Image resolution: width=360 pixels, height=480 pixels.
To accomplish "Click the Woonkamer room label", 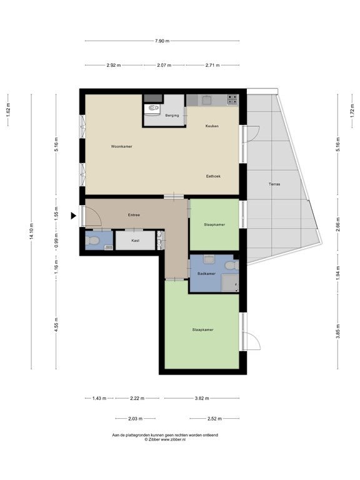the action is [121, 147].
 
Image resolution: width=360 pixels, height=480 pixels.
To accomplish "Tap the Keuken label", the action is [212, 126].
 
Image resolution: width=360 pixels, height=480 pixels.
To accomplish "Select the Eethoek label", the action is [213, 176].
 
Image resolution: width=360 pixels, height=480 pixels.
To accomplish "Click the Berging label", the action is [172, 116].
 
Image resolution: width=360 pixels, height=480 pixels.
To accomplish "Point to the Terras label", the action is [274, 184].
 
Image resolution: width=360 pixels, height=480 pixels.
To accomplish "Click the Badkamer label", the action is [206, 274].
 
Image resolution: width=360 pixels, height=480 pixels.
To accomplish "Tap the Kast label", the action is [135, 241].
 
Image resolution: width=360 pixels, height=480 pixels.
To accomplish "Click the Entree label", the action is [134, 215].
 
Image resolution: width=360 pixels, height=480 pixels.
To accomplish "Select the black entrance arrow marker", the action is [74, 216].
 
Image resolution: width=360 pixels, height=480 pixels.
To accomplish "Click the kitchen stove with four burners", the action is [232, 100].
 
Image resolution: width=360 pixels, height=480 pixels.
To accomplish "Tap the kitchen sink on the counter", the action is [206, 99].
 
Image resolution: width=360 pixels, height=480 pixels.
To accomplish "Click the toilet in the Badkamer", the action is [232, 265].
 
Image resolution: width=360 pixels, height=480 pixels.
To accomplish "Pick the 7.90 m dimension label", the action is [162, 41].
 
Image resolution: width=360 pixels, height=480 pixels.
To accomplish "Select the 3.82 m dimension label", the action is [202, 398].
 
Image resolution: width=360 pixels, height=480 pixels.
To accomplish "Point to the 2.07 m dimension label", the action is [164, 65].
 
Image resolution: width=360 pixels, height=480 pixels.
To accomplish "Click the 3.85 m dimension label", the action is [338, 331].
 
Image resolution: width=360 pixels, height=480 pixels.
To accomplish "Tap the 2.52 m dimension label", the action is [214, 419].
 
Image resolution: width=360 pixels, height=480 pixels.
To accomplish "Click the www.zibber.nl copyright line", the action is [165, 439].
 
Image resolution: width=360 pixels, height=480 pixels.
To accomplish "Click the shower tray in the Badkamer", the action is [230, 282].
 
